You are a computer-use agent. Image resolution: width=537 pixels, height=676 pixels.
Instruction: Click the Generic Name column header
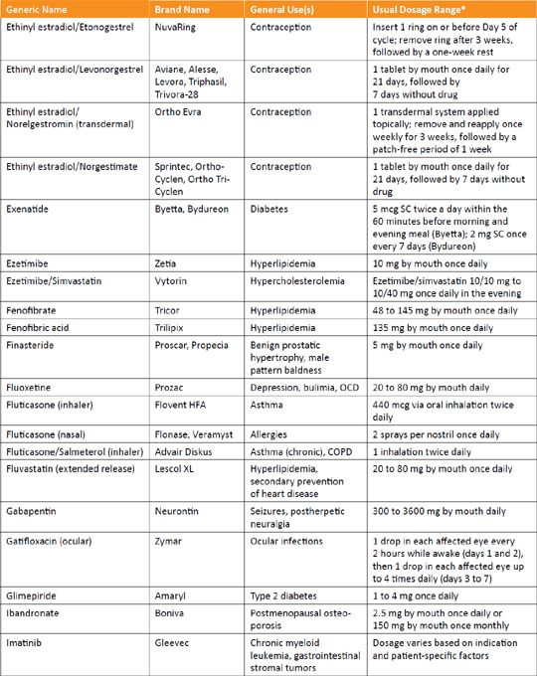tap(37, 9)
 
